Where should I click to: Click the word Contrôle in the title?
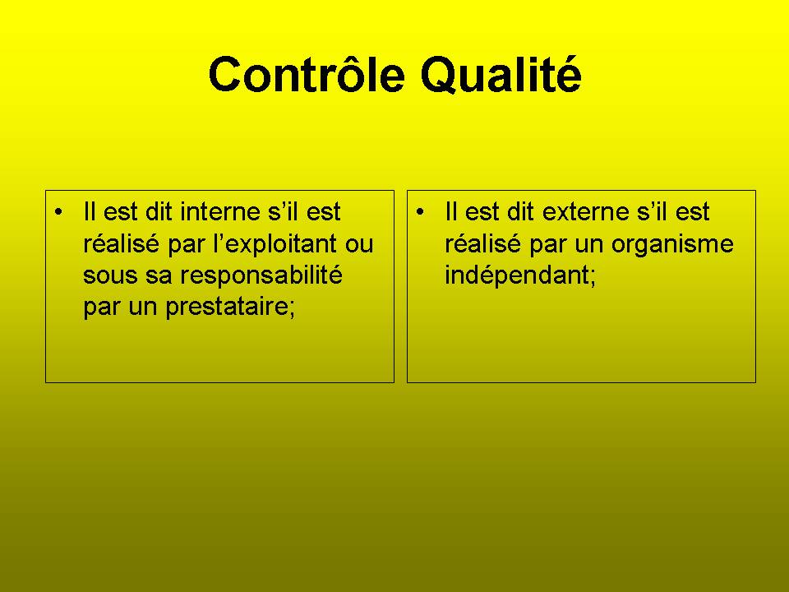[307, 74]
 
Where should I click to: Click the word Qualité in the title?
[501, 75]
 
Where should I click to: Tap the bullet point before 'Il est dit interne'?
[59, 211]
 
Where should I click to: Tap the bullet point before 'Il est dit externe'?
[420, 211]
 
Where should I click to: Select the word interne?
[220, 211]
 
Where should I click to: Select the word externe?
[586, 211]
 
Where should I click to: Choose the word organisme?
[672, 244]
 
